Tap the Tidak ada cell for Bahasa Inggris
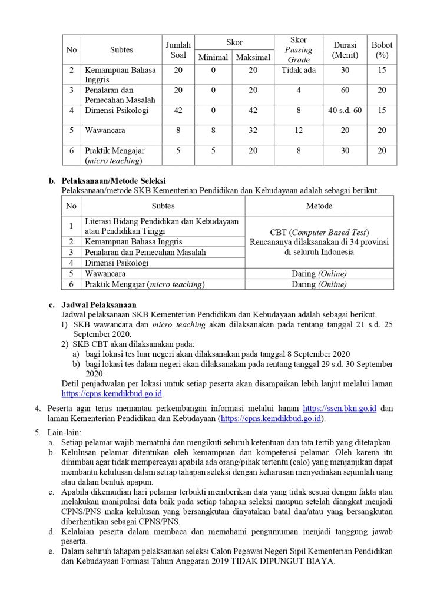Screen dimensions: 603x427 pos(299,71)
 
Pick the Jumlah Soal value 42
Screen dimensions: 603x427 pos(178,111)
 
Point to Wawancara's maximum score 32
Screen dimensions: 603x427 pos(253,131)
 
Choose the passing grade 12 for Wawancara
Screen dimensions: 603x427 pos(299,131)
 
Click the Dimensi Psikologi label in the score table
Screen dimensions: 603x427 pos(117,111)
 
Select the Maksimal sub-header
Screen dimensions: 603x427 pos(253,58)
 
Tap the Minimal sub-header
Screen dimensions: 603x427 pos(213,58)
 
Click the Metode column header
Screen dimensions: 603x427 pos(319,206)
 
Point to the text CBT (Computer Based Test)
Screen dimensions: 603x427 pos(319,232)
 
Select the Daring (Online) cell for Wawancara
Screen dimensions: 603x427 pos(319,274)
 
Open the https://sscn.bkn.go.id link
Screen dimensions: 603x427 pos(339,408)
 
